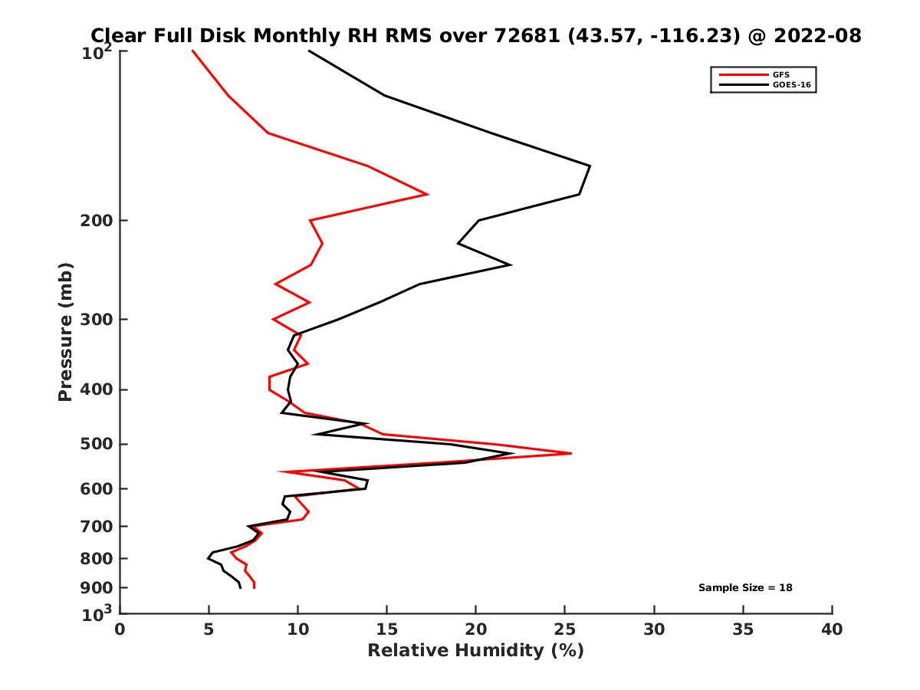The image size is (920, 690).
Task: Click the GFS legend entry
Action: [x=781, y=74]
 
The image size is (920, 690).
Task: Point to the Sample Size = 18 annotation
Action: [x=744, y=588]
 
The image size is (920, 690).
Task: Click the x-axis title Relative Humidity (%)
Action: [x=475, y=651]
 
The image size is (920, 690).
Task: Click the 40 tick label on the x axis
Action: [x=832, y=629]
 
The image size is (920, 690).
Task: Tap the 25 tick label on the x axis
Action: [x=565, y=629]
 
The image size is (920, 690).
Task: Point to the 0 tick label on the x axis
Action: [x=120, y=629]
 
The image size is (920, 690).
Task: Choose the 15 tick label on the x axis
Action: [x=387, y=629]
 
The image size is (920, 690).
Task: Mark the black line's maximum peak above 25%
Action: [x=590, y=166]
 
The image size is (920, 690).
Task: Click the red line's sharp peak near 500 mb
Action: [x=571, y=453]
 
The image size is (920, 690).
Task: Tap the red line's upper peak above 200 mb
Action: [x=428, y=194]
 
